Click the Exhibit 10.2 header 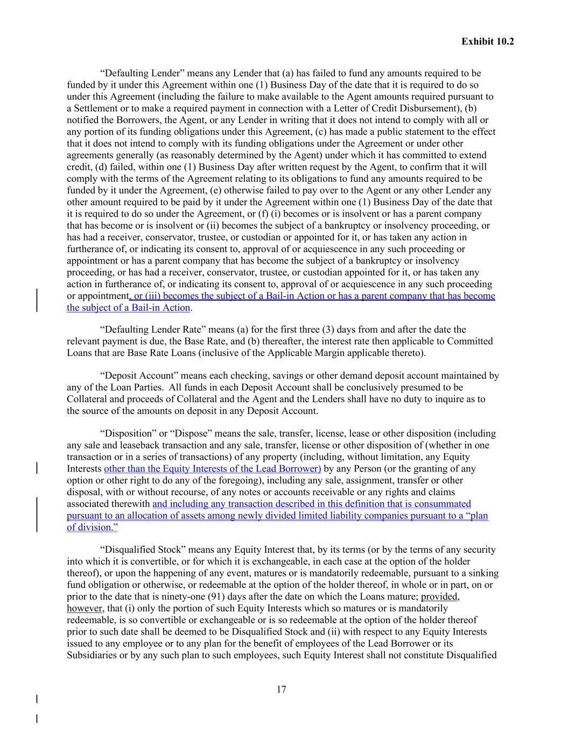[x=487, y=41]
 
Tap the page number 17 [x=281, y=689]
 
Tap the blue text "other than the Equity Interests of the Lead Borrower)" [x=212, y=469]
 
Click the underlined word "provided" [x=440, y=597]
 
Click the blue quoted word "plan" [x=478, y=516]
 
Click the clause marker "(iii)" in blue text [x=152, y=296]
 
